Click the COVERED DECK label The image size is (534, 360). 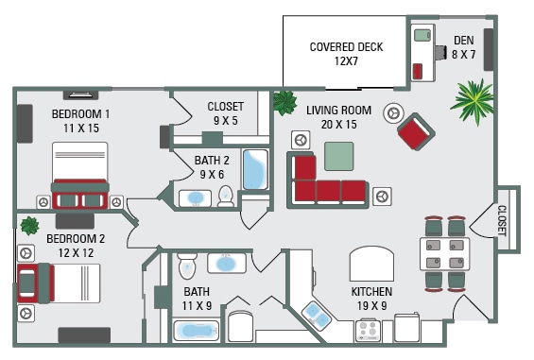(x=345, y=54)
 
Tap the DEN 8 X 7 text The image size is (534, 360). (x=463, y=47)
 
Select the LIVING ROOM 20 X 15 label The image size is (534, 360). (x=338, y=117)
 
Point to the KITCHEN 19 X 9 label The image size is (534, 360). (x=371, y=299)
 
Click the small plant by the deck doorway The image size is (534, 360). (x=283, y=102)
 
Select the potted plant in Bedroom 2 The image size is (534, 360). (x=28, y=225)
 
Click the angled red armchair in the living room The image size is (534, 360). (x=414, y=131)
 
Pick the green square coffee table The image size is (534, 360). (x=338, y=156)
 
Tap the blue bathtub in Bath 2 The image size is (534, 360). (x=256, y=170)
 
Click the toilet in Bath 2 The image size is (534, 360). (x=226, y=196)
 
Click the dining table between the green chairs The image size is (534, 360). (x=444, y=253)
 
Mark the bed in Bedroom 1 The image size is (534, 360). (x=80, y=175)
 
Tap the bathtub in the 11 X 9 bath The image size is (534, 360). (x=197, y=332)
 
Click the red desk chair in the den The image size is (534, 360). (x=418, y=71)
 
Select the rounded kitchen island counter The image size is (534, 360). (x=371, y=264)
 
